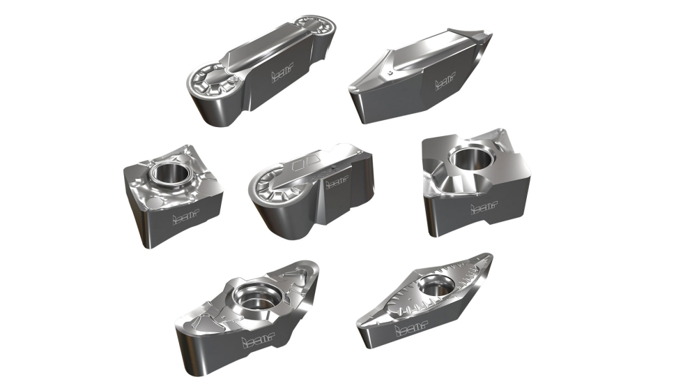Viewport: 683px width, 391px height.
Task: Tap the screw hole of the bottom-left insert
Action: [254, 296]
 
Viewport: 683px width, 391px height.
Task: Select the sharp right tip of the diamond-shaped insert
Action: [490, 258]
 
